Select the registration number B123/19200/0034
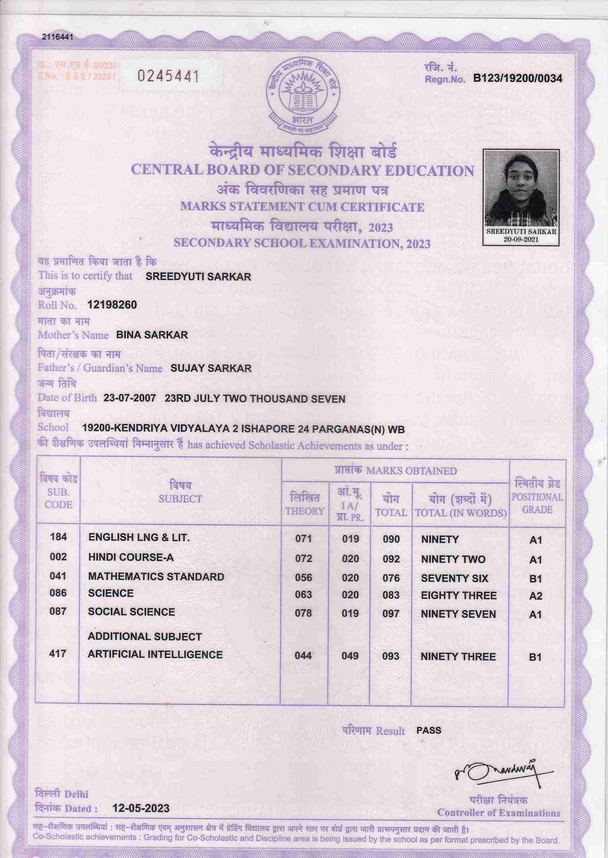(517, 79)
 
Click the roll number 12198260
(112, 305)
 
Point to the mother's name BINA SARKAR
(152, 335)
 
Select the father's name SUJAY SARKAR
(211, 368)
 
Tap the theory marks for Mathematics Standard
(304, 578)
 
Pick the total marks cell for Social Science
(391, 614)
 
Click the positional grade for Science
(536, 596)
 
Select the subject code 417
(58, 653)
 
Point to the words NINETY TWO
(453, 559)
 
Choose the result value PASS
(429, 730)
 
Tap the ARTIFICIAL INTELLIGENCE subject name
(155, 654)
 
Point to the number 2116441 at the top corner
(58, 37)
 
